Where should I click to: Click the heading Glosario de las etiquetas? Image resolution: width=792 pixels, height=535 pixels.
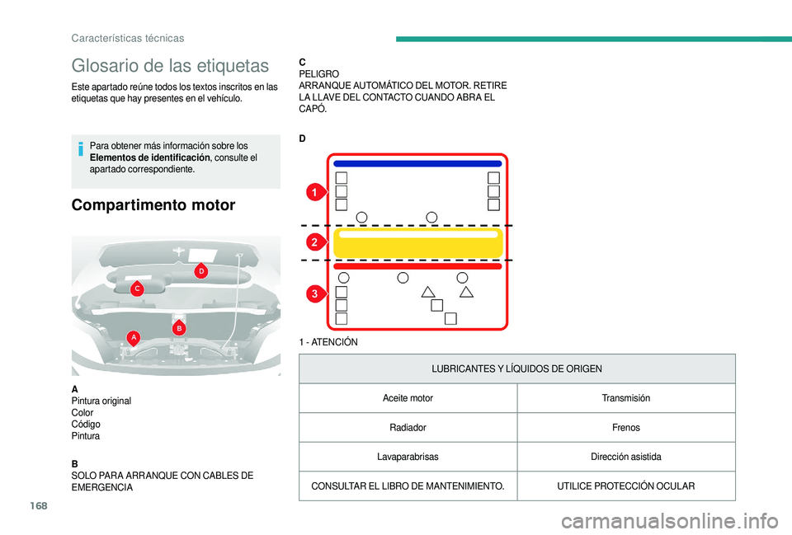[170, 65]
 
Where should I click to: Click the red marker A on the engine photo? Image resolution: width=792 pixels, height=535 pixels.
[133, 336]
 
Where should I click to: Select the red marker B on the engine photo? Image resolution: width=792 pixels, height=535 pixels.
[179, 328]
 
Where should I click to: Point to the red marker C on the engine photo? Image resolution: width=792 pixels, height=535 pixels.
[138, 289]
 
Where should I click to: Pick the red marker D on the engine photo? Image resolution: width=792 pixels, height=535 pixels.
[200, 270]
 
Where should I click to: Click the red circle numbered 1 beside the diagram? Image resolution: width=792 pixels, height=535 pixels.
[314, 193]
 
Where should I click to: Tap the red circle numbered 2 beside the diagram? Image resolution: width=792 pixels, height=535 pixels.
[314, 242]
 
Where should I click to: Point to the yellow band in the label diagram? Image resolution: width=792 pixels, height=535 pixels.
[417, 243]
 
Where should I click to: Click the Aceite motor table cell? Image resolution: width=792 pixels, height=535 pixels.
[408, 398]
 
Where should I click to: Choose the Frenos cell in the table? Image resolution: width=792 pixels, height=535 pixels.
[625, 428]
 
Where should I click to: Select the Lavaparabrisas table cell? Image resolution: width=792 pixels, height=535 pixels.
[408, 457]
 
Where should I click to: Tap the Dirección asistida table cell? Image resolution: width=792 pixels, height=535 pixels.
[625, 457]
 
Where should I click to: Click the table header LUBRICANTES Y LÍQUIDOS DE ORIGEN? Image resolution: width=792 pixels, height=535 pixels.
[516, 368]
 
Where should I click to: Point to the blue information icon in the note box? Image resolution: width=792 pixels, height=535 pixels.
[80, 150]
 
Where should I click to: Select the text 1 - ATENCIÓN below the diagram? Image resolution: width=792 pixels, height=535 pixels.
[328, 342]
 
